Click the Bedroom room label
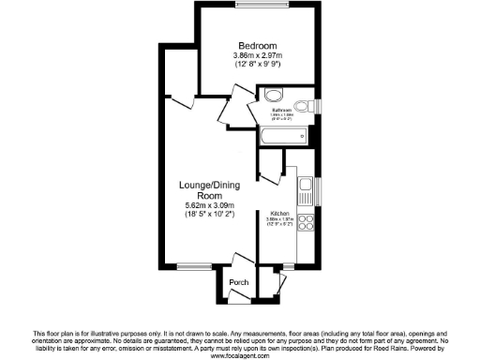(x=256, y=46)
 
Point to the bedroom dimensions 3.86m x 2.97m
(x=256, y=56)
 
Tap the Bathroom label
(x=285, y=111)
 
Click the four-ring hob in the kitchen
(x=306, y=223)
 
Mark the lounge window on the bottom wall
(x=193, y=265)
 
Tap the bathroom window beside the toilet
(x=318, y=104)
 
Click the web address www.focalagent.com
(x=240, y=355)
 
